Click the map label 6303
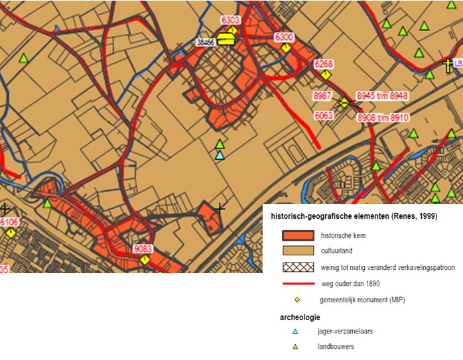click(x=230, y=20)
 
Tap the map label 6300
click(x=284, y=37)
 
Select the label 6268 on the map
click(x=324, y=64)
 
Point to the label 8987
click(x=322, y=96)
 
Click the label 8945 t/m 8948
click(x=382, y=96)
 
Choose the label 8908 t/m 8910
click(x=383, y=117)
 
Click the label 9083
click(x=143, y=249)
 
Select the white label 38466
click(x=206, y=42)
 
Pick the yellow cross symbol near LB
click(x=448, y=65)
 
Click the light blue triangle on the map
click(x=220, y=154)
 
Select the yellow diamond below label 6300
click(x=286, y=48)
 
